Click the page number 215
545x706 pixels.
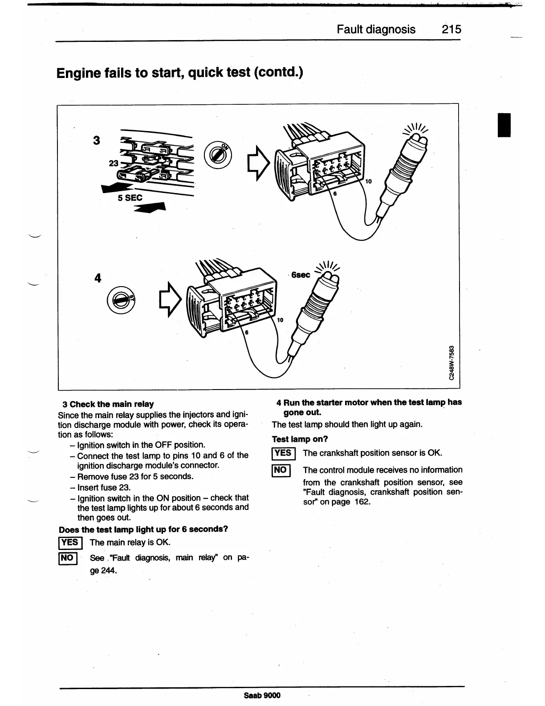451,29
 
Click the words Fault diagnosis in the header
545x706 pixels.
376,29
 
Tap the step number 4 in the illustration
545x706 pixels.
98,278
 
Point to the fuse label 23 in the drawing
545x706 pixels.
114,164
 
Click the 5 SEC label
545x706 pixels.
130,197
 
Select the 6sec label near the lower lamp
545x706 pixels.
301,275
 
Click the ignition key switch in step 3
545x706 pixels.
217,155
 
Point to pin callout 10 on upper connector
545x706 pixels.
368,181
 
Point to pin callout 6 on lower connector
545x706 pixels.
247,332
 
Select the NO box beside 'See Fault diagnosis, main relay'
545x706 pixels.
68,558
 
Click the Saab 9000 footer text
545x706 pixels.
263,695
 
